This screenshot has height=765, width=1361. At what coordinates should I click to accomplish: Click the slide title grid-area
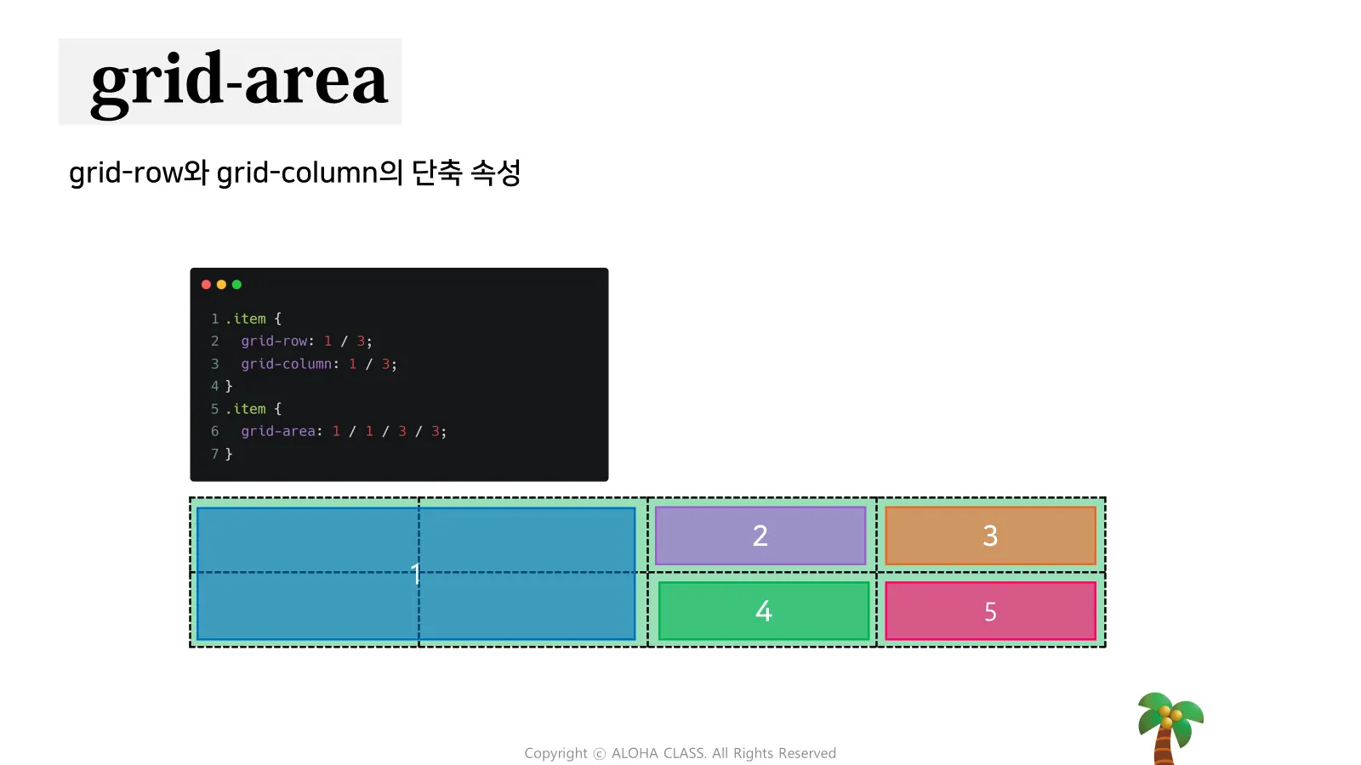pyautogui.click(x=238, y=82)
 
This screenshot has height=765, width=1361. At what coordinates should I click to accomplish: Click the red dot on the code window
pyautogui.click(x=206, y=285)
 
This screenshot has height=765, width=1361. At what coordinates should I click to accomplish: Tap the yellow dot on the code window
pyautogui.click(x=221, y=285)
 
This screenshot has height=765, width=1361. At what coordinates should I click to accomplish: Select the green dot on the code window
pyautogui.click(x=236, y=285)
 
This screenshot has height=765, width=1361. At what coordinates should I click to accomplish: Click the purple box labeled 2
pyautogui.click(x=760, y=535)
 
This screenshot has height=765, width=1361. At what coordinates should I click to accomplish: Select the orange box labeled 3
pyautogui.click(x=990, y=535)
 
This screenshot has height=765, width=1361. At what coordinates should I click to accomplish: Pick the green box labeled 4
pyautogui.click(x=764, y=610)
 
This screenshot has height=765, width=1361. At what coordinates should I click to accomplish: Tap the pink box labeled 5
pyautogui.click(x=990, y=611)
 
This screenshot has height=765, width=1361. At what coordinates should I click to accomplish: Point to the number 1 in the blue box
pyautogui.click(x=415, y=574)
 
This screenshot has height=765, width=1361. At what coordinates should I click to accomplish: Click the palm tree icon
pyautogui.click(x=1169, y=727)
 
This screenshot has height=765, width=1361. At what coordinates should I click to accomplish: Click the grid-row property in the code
pyautogui.click(x=274, y=341)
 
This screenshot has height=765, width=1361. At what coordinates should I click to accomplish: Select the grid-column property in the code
pyautogui.click(x=286, y=364)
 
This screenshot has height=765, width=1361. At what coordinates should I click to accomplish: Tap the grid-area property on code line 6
pyautogui.click(x=278, y=431)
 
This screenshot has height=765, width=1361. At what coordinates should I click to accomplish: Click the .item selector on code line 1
pyautogui.click(x=246, y=319)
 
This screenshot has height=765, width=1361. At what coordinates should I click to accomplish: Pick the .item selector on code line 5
pyautogui.click(x=246, y=409)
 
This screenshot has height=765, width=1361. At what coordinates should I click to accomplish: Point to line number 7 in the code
pyautogui.click(x=214, y=454)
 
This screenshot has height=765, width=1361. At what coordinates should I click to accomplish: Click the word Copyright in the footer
pyautogui.click(x=555, y=753)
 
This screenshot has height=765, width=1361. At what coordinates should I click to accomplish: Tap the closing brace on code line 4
pyautogui.click(x=229, y=386)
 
